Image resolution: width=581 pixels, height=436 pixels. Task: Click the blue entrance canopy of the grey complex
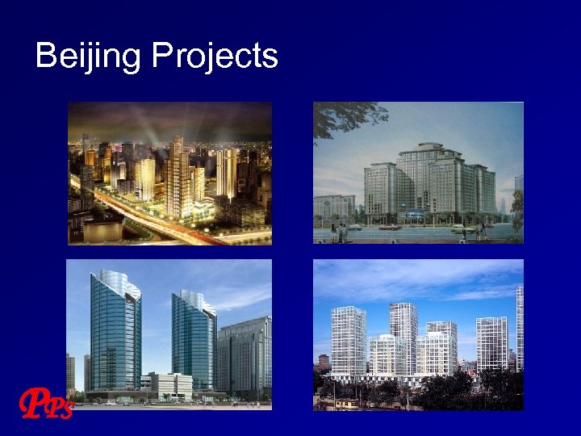tap(415, 215)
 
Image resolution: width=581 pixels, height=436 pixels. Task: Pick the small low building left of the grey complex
tap(333, 205)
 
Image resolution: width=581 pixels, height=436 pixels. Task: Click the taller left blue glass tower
tap(114, 331)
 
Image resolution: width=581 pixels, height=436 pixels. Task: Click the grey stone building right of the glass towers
tap(245, 355)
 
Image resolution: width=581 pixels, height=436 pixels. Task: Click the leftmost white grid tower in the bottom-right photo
tap(348, 339)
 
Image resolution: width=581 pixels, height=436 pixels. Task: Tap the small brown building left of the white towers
tap(323, 360)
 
